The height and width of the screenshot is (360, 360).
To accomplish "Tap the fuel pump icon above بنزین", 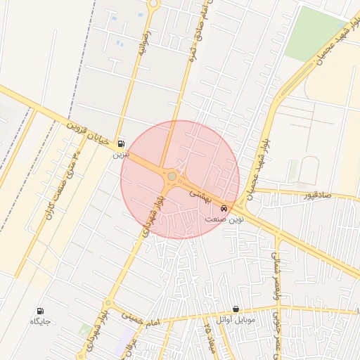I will click(x=122, y=141).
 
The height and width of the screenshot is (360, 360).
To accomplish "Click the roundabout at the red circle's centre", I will click(x=172, y=176).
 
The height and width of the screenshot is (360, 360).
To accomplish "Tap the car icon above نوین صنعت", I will click(x=224, y=208).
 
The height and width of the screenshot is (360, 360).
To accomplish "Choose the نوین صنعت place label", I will click(x=224, y=219).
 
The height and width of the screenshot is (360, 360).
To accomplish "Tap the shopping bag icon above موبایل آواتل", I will click(x=235, y=309).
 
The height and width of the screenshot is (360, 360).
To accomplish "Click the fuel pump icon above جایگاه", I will click(x=39, y=310).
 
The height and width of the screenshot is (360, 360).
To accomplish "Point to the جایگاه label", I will click(x=39, y=321).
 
